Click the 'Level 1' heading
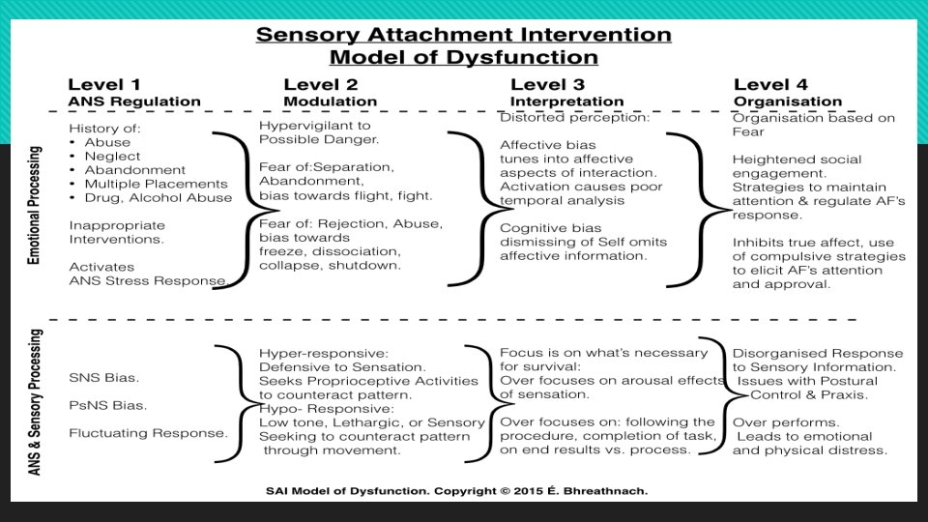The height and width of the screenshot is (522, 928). pos(105,85)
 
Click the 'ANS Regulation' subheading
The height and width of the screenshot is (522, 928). pos(134,101)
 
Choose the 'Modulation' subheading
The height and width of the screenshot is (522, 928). pos(330,101)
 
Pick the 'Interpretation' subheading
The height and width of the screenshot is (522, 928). pos(566,101)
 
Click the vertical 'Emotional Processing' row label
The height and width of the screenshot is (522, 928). pos(38,207)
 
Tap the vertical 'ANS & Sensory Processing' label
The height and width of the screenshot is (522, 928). pos(38,402)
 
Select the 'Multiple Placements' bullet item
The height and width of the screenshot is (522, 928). pos(156,184)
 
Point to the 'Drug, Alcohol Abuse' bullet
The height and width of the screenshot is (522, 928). pos(158,198)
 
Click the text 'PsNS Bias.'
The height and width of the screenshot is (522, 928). pos(108,404)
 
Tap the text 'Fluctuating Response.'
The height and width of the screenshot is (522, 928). pos(147,433)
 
